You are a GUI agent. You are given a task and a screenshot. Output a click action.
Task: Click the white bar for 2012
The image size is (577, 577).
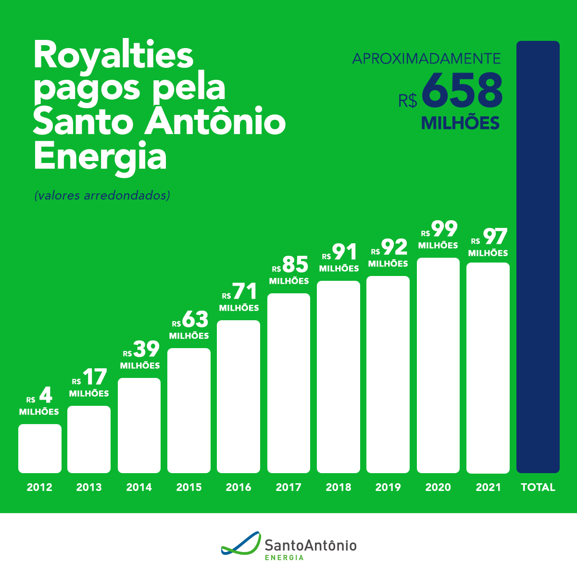[x=40, y=448]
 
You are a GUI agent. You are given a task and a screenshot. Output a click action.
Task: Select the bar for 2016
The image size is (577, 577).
[x=238, y=396]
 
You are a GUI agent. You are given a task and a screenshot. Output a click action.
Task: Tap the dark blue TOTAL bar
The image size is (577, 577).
[x=538, y=257]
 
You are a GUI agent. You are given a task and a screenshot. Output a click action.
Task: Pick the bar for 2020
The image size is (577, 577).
[x=438, y=365]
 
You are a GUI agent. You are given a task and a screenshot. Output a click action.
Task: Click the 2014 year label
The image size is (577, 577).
[x=139, y=487]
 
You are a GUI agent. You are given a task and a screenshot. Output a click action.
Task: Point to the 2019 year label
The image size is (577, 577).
[x=388, y=487]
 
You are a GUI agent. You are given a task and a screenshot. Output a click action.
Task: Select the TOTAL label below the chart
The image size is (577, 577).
[x=538, y=487]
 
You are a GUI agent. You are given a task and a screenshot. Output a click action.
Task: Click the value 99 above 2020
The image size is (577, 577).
[x=444, y=229]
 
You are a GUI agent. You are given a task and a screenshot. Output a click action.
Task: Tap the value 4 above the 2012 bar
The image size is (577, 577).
[x=45, y=395]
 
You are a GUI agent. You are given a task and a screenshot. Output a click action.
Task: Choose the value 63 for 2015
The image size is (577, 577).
[x=195, y=319]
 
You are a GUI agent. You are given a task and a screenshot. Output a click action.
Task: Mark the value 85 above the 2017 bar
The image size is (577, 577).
[x=295, y=264]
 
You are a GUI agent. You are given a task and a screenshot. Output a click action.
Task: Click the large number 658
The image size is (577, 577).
[x=462, y=90]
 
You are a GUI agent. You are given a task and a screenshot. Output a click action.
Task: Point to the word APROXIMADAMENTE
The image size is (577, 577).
[x=426, y=59]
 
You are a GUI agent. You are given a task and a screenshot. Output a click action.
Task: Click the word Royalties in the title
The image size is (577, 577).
[x=113, y=55]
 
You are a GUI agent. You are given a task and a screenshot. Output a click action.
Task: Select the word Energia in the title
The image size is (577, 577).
[x=100, y=156]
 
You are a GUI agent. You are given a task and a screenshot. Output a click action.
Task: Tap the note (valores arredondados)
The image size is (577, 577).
[x=102, y=196]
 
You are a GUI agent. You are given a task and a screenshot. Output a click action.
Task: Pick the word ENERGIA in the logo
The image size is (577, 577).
[x=284, y=558]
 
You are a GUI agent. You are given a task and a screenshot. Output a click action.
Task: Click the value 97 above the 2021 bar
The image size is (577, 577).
[x=495, y=237]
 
